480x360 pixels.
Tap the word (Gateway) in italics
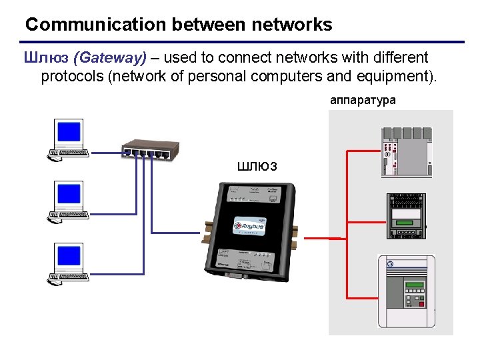tap(109, 58)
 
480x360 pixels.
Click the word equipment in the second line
tap(387, 76)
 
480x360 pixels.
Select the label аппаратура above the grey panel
tap(363, 100)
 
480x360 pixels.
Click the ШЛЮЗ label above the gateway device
tap(257, 166)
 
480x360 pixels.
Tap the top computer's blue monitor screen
tap(69, 133)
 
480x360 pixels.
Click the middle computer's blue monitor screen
tap(69, 195)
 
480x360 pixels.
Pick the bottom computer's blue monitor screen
tap(69, 256)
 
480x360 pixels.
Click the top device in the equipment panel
tap(406, 153)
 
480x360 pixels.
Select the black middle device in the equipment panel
tap(405, 216)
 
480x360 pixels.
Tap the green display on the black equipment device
tap(405, 220)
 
